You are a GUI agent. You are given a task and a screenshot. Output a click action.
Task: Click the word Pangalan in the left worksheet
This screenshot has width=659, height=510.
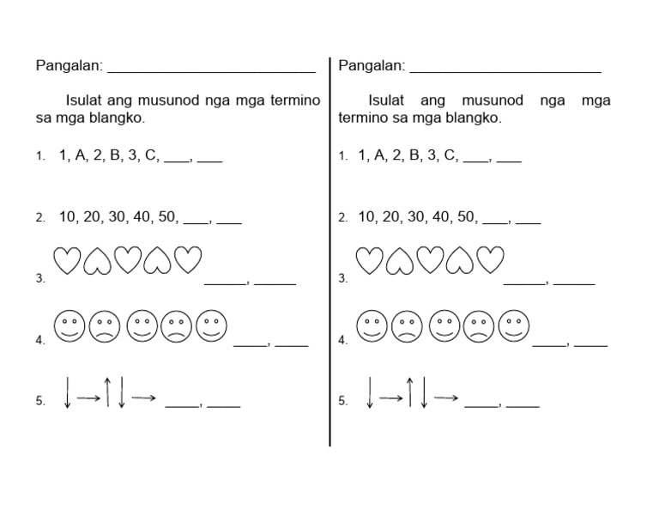69,66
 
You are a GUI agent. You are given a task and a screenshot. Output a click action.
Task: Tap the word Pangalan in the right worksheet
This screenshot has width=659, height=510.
372,66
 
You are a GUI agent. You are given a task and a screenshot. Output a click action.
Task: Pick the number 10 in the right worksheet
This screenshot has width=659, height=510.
367,217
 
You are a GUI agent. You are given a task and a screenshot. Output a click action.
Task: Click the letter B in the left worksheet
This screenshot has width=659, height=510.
116,155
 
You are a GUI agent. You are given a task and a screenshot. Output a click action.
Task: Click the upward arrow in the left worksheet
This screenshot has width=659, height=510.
107,392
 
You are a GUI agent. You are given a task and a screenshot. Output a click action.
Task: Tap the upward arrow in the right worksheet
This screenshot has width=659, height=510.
410,392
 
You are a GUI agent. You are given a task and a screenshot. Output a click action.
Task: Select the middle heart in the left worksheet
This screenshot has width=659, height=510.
128,261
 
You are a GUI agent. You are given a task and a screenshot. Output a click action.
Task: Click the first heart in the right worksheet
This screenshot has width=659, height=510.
369,261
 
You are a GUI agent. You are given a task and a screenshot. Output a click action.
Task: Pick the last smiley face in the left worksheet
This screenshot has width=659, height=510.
212,325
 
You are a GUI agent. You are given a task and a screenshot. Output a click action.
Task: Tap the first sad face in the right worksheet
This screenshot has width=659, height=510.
407,325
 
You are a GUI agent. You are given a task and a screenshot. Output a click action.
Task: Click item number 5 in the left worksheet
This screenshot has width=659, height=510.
39,401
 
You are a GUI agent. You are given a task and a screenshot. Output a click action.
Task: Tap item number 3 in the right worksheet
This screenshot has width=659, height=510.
342,279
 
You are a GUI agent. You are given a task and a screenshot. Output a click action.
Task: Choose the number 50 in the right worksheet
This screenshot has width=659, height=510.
467,217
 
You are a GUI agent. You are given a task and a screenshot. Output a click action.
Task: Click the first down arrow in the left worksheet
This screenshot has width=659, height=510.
67,392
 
